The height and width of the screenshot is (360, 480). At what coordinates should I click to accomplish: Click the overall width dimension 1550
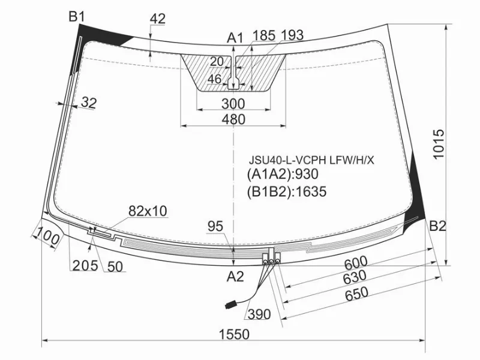coord(234,334)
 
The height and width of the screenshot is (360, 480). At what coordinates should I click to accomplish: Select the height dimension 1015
coord(439,144)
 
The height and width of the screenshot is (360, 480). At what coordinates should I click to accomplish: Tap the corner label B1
coord(77,17)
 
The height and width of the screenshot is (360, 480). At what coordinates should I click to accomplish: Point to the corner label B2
coord(438,226)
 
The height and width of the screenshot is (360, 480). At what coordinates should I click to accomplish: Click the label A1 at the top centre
coord(235,38)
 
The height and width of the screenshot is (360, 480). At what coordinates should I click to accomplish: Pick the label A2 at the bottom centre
coord(235,277)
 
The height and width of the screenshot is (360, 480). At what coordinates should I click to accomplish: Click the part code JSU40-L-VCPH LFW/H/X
coord(311,160)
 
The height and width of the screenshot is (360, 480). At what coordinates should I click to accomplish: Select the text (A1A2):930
coord(283,174)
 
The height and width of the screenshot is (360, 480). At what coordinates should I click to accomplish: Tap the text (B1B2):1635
coord(287,191)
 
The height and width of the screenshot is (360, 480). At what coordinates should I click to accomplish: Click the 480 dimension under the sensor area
coord(233,119)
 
